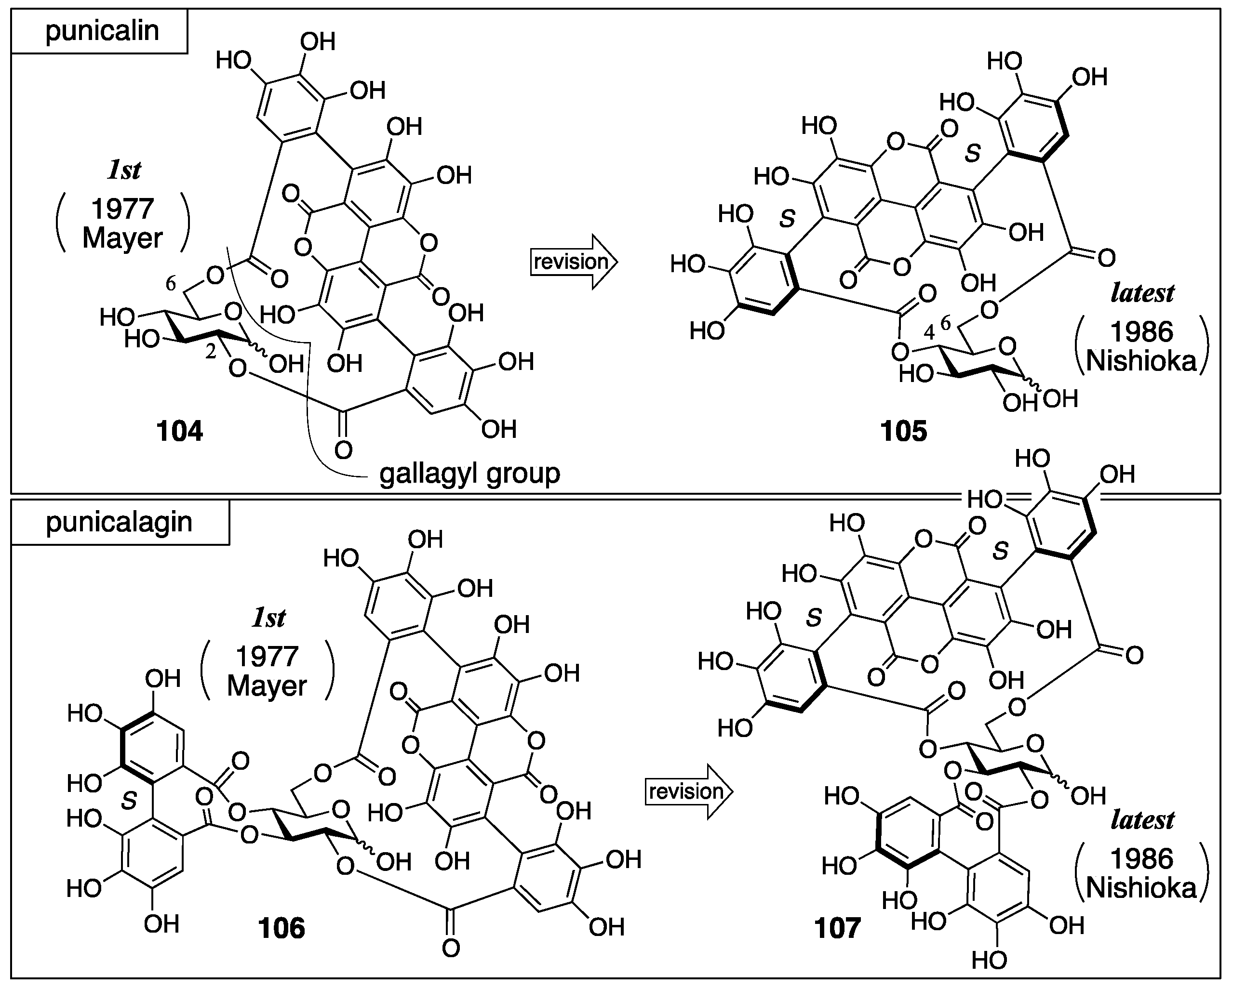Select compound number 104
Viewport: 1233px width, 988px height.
[180, 432]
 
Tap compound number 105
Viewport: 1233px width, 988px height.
[904, 432]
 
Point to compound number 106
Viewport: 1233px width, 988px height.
[281, 929]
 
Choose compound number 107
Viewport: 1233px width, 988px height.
[837, 929]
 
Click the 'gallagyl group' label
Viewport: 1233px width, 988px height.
[469, 474]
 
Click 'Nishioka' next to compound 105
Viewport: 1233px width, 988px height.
[1141, 361]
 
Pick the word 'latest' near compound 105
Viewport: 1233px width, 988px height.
[1142, 293]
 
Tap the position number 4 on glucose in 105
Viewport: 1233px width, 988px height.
[929, 332]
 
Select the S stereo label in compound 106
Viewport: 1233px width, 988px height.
[129, 801]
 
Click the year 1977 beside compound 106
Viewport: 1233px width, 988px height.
[267, 657]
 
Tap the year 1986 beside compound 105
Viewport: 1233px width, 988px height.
[1141, 332]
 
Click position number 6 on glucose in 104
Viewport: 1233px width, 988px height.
[171, 283]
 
